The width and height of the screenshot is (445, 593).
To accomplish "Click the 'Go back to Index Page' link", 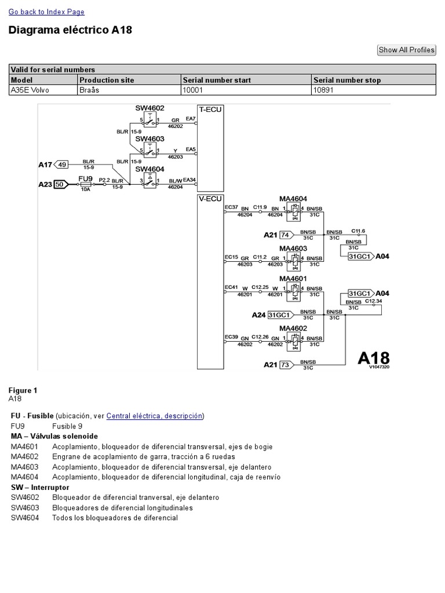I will pyautogui.click(x=46, y=12).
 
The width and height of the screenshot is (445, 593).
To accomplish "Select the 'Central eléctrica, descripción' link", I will pyautogui.click(x=155, y=416).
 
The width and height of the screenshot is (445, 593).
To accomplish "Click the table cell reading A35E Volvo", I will pyautogui.click(x=30, y=90).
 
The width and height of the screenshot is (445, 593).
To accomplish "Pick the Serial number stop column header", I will pyautogui.click(x=346, y=80).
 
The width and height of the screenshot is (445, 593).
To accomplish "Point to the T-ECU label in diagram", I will pyautogui.click(x=210, y=109).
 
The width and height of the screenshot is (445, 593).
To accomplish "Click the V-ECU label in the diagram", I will pyautogui.click(x=210, y=199).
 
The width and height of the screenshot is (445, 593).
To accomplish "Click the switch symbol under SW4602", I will pyautogui.click(x=150, y=122).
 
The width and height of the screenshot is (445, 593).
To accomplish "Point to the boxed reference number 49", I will pyautogui.click(x=62, y=164).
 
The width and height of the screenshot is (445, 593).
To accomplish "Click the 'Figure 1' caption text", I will pyautogui.click(x=23, y=390).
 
